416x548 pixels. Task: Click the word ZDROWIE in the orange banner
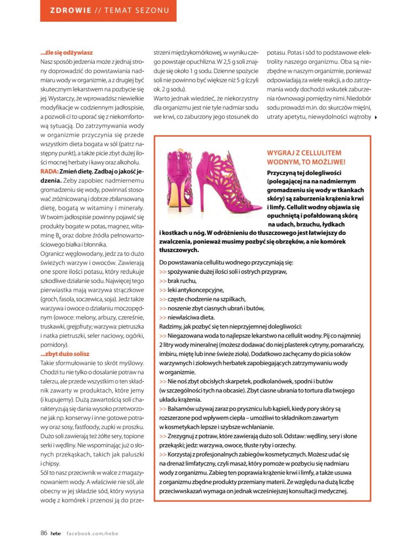(71, 10)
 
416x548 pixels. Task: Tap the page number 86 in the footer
(44, 533)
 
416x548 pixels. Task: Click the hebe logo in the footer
(56, 533)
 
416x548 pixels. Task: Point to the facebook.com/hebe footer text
(92, 533)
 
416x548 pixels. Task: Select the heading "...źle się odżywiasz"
(67, 53)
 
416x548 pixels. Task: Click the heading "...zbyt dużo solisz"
(65, 354)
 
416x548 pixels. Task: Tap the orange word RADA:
(49, 171)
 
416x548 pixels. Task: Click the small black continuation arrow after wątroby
(376, 117)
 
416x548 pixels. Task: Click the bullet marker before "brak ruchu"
(163, 281)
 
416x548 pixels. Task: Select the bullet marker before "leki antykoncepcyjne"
(163, 290)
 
